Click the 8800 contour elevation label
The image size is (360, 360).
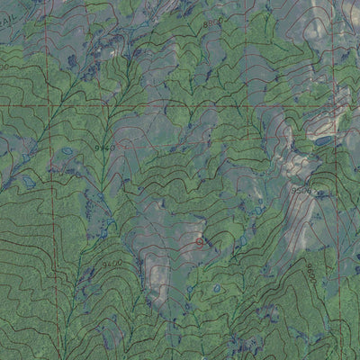(212, 22)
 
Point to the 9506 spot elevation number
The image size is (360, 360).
(301, 191)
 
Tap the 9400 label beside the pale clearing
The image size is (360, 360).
(112, 264)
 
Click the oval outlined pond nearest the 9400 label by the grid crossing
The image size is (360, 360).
(67, 151)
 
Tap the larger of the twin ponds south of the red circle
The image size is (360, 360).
(216, 289)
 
